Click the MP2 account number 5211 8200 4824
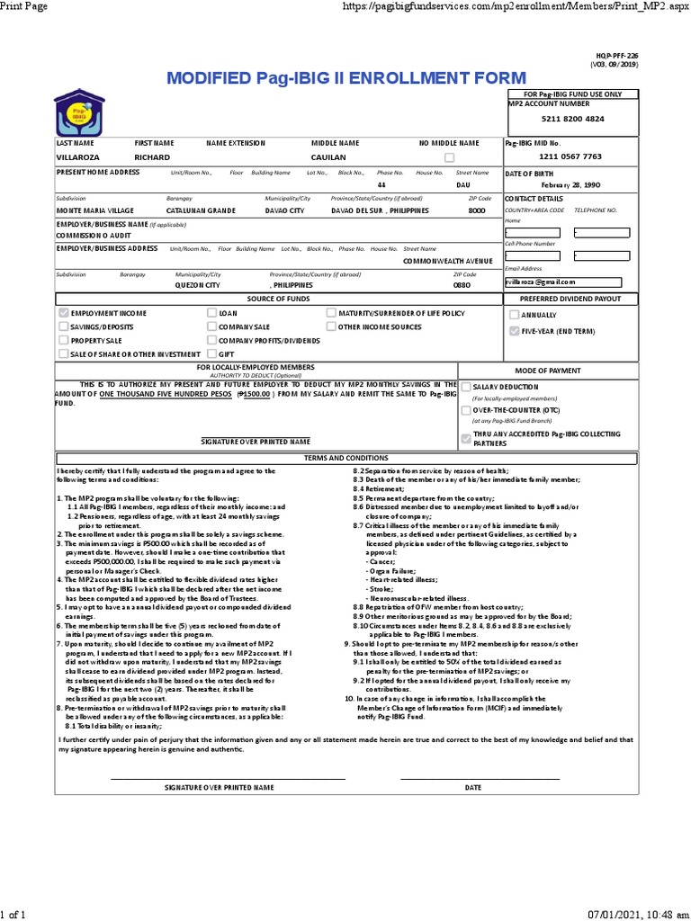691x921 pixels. (572, 119)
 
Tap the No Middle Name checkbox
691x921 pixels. (449, 157)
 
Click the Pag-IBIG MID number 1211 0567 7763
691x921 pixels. (571, 156)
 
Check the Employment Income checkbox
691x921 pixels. (63, 313)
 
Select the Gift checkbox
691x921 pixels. (211, 354)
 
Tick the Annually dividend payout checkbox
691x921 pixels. (514, 315)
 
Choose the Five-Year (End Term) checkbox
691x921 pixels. (514, 331)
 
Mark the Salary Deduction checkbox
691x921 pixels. (465, 386)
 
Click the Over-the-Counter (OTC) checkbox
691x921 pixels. (465, 409)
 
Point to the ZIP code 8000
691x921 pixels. (476, 210)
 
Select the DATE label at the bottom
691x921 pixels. (473, 787)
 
